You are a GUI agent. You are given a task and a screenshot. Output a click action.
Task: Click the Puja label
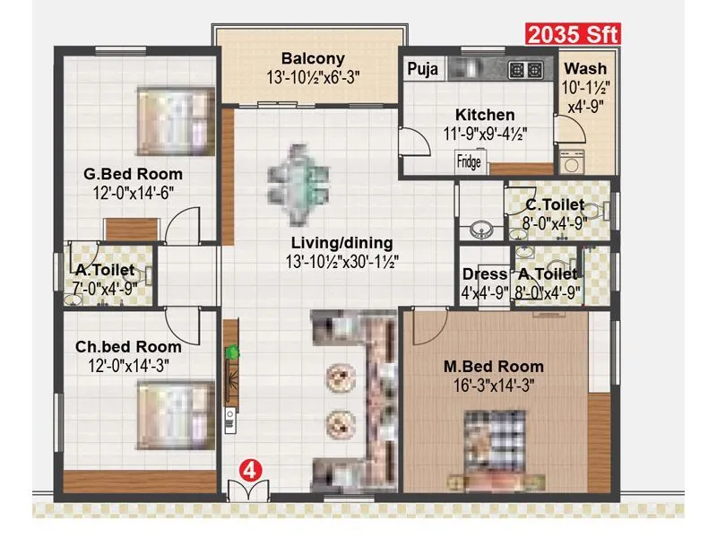click(x=422, y=69)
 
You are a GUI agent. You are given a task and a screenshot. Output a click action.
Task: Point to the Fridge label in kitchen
click(x=469, y=162)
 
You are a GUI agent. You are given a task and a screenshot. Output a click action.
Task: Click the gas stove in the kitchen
click(x=522, y=69)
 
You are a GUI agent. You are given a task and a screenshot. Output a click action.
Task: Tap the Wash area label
click(x=585, y=69)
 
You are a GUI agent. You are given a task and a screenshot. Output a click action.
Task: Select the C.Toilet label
click(x=556, y=204)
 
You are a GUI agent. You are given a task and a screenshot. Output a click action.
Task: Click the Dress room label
click(x=485, y=274)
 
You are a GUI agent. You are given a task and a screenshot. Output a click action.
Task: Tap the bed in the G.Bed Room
click(x=176, y=120)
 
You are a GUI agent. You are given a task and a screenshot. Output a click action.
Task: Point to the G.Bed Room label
click(x=134, y=174)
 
